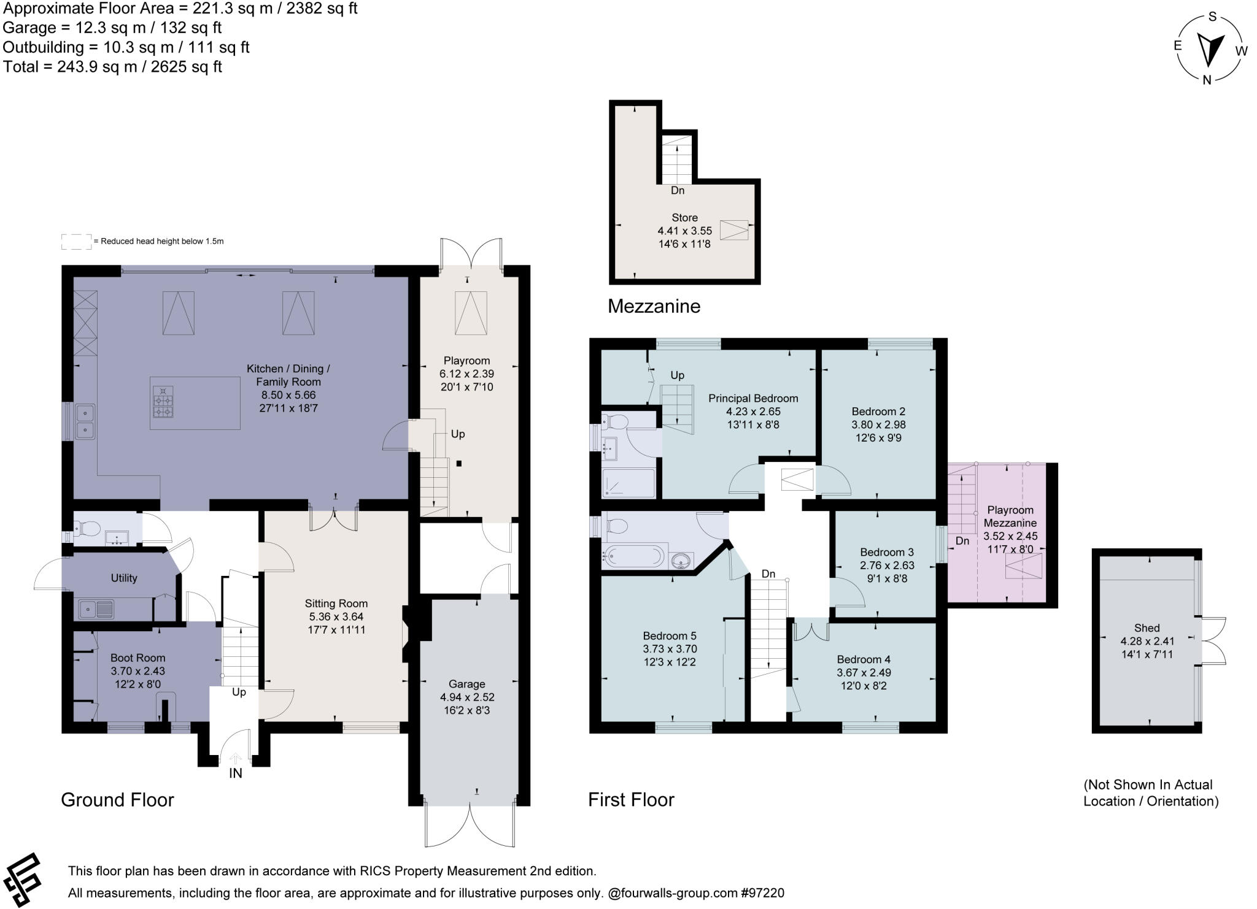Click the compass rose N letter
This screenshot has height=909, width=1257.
[x=1207, y=80]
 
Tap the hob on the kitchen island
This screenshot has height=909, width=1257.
[x=163, y=402]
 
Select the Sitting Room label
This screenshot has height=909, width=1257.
[x=336, y=604]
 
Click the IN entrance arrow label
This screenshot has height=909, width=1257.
[x=236, y=773]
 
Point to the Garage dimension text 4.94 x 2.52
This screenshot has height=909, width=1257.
[x=467, y=697]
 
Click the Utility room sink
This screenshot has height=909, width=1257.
[x=96, y=610]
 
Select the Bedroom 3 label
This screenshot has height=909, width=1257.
[x=886, y=552]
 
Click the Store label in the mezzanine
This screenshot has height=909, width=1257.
[x=684, y=218]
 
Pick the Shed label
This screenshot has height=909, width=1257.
[x=1147, y=628]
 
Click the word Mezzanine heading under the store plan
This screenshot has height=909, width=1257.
[x=654, y=306]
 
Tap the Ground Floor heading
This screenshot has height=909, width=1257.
[x=117, y=800]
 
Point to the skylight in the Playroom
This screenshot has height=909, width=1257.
[x=471, y=313]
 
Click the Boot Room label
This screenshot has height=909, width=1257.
[x=137, y=658]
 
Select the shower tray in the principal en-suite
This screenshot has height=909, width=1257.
[x=628, y=483]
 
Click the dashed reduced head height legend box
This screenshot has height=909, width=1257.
[x=76, y=242]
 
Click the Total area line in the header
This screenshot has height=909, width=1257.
[x=112, y=67]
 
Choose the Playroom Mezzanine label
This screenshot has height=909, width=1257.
[x=1010, y=516]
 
